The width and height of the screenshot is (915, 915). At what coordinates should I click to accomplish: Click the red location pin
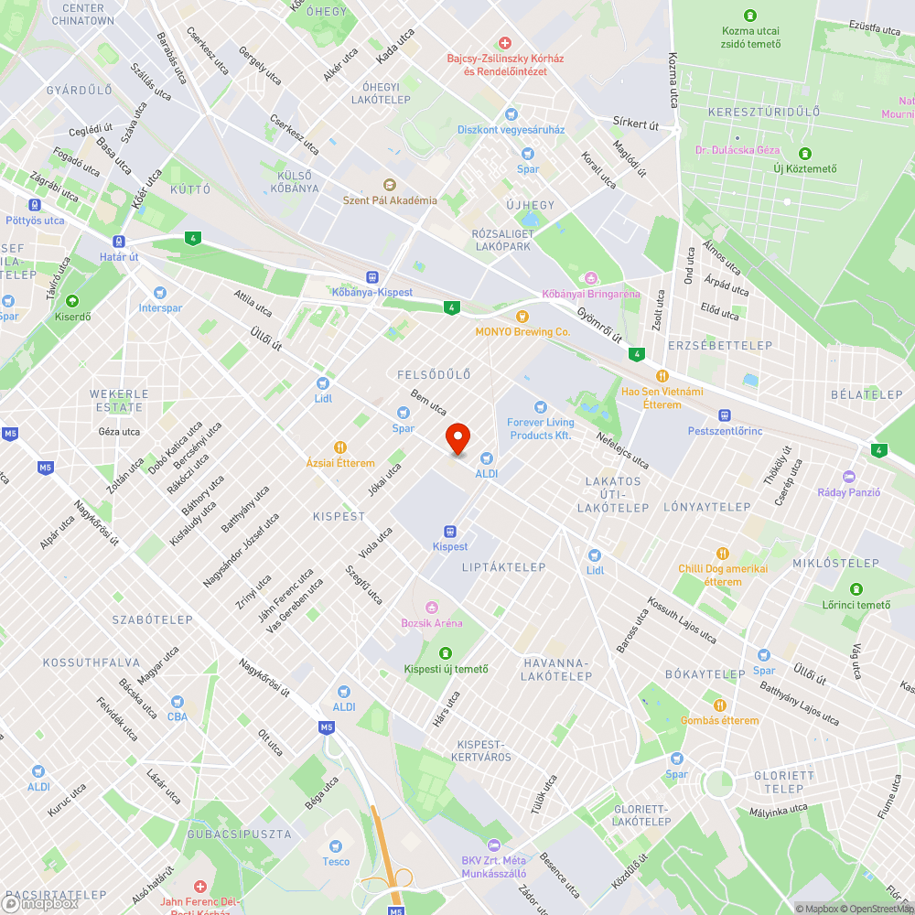tap(457, 439)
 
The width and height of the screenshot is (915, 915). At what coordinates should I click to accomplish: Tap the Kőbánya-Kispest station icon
tap(371, 277)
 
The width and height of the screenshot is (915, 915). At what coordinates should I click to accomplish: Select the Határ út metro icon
tap(118, 242)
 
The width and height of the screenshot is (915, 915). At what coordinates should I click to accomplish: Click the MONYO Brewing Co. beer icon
tap(522, 316)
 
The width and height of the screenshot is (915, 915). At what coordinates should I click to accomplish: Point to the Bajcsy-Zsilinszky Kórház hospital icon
tap(504, 43)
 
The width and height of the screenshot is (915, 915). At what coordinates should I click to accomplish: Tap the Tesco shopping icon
tap(336, 845)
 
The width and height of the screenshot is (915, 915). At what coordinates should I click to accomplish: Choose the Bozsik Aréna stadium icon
tap(432, 608)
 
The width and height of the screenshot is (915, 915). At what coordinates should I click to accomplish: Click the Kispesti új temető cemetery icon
tap(446, 653)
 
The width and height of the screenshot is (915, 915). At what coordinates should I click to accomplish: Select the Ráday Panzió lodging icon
tap(849, 477)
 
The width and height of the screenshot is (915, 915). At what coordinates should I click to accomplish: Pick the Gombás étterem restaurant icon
tap(720, 705)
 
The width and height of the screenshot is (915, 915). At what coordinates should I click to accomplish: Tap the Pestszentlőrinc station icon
tap(725, 414)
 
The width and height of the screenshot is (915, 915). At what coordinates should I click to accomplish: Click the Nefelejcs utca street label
tap(623, 448)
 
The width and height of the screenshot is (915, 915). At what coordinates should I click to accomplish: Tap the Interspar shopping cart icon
tap(160, 293)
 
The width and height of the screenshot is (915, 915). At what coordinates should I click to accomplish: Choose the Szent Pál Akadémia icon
tap(390, 185)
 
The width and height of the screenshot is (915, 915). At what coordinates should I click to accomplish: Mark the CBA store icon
tap(177, 702)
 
